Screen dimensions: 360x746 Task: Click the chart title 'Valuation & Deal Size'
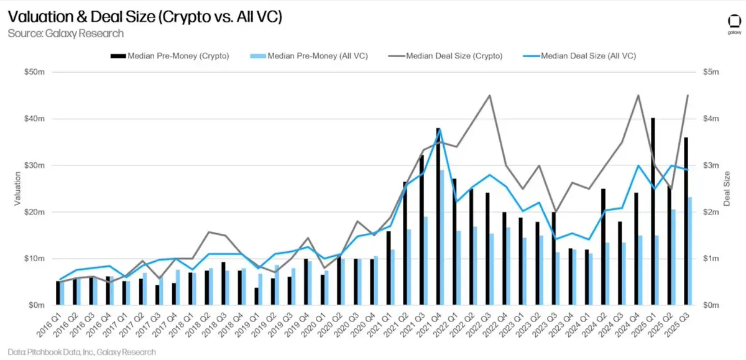pos(145,16)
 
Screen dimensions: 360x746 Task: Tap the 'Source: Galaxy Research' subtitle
pos(66,34)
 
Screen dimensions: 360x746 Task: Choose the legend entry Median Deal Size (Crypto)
pos(445,56)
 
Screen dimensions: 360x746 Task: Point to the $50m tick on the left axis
pos(35,72)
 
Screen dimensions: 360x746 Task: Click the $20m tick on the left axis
pos(35,212)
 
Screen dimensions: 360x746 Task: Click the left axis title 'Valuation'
pos(17,188)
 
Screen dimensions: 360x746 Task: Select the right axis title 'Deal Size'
pos(727,188)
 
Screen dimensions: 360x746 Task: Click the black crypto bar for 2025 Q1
pos(653,211)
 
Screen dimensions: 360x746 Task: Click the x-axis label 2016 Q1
pos(49,325)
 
